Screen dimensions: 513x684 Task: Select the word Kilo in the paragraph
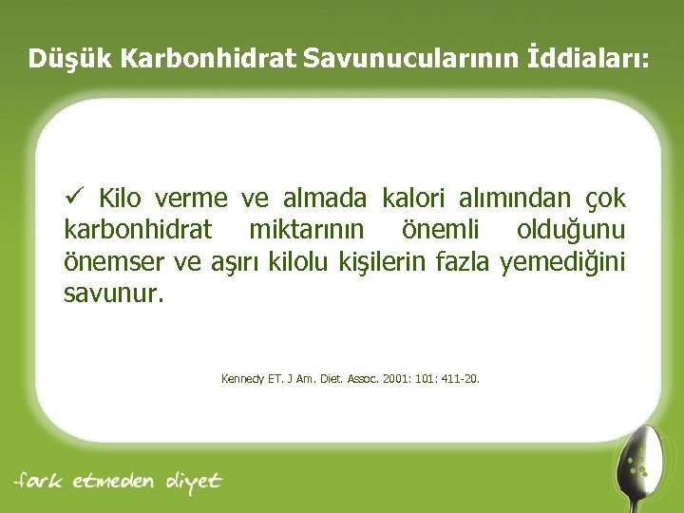pyautogui.click(x=119, y=199)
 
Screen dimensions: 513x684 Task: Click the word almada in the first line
pyautogui.click(x=325, y=199)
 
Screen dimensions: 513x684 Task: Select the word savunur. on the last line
pyautogui.click(x=113, y=294)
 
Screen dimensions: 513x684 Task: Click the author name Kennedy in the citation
pyautogui.click(x=242, y=378)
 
